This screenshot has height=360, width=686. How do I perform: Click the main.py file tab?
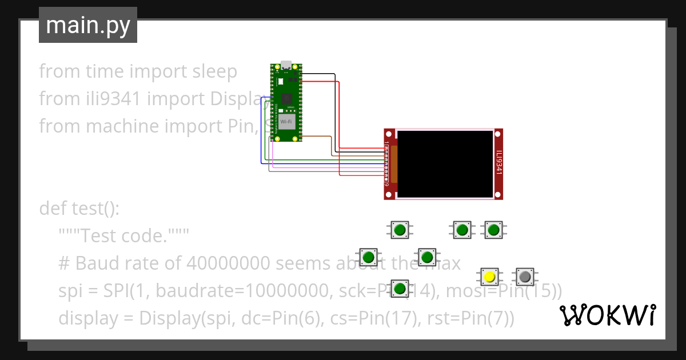tap(87, 25)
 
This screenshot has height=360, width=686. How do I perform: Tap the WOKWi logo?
tap(607, 315)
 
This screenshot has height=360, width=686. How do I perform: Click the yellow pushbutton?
tap(489, 277)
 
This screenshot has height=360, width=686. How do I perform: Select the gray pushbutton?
tap(525, 277)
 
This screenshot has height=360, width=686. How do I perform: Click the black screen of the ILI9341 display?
tap(445, 164)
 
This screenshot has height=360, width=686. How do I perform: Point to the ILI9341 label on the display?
tap(498, 163)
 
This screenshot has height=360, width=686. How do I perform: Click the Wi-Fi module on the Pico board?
tap(287, 121)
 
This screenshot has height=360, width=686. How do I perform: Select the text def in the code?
tap(53, 209)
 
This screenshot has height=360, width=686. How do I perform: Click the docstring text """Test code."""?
tap(123, 236)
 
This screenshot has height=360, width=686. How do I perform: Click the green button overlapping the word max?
tap(427, 257)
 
